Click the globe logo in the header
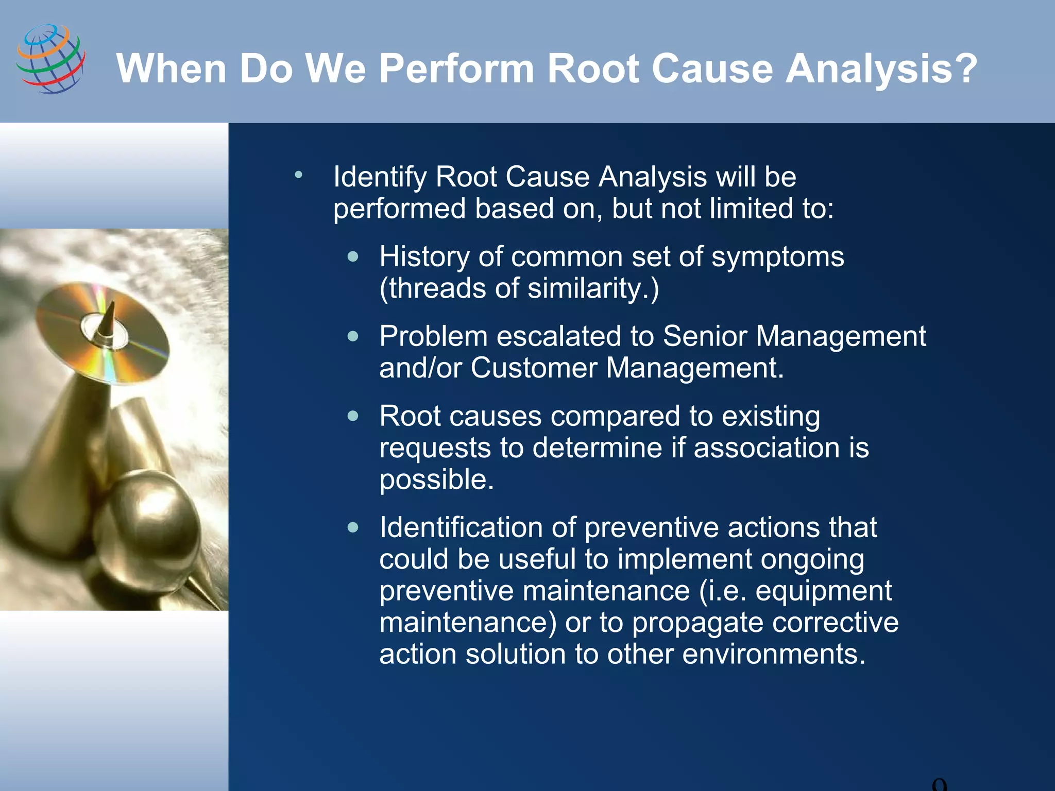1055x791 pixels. point(50,59)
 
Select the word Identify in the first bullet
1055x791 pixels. point(379,177)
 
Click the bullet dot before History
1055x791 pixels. point(353,256)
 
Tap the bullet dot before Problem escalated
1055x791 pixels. point(353,336)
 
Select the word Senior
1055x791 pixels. point(705,336)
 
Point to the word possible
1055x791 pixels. point(436,479)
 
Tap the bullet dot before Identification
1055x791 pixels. point(353,527)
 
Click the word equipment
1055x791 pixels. point(823,591)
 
